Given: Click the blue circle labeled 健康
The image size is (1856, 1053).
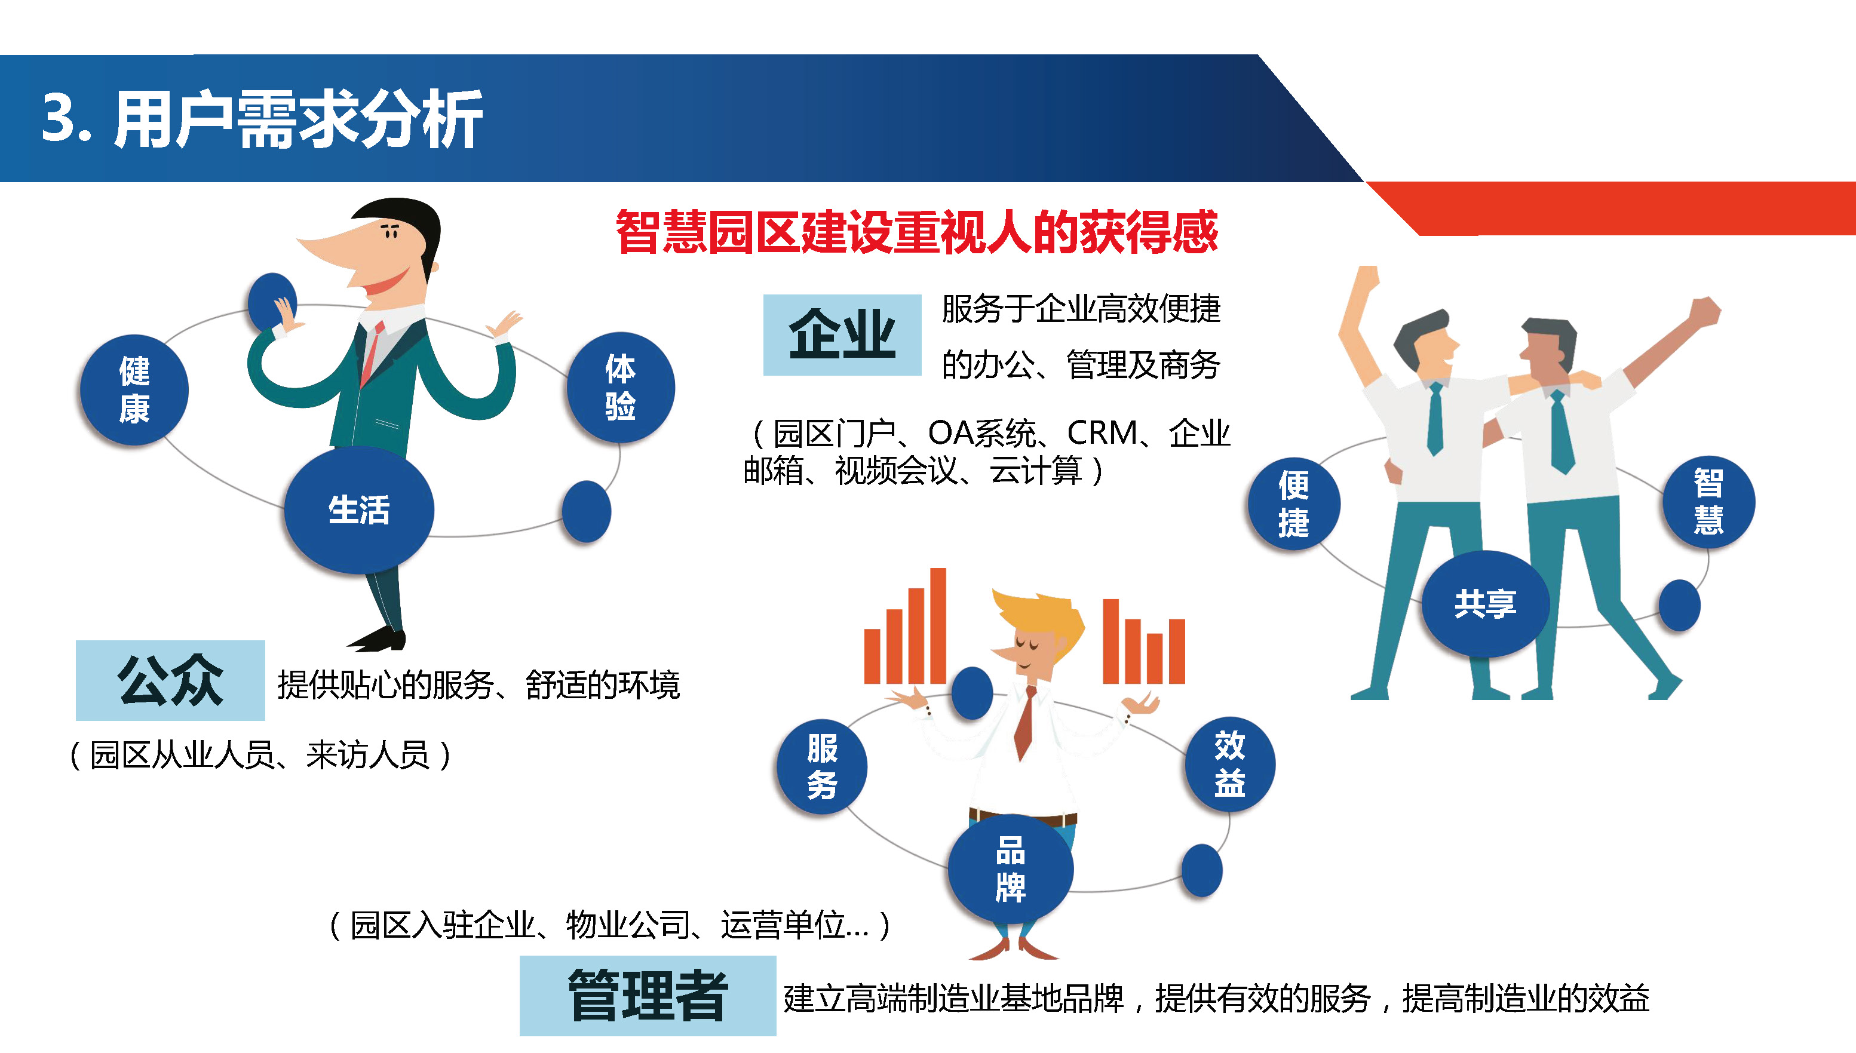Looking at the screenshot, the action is pyautogui.click(x=134, y=390).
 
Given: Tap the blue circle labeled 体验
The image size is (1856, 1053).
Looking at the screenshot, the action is pyautogui.click(x=621, y=387).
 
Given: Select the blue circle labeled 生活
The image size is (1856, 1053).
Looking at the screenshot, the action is pyautogui.click(x=359, y=510).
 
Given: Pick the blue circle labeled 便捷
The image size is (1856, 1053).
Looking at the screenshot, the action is pyautogui.click(x=1294, y=504).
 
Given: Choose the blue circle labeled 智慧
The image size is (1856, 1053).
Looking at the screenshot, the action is pyautogui.click(x=1708, y=501).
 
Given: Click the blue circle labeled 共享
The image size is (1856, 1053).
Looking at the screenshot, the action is pyautogui.click(x=1485, y=604).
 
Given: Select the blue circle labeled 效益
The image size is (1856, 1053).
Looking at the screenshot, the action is pyautogui.click(x=1229, y=765).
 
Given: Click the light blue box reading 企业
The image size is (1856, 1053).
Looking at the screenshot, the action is pyautogui.click(x=842, y=335).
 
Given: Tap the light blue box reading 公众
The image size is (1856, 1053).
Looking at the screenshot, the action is pyautogui.click(x=170, y=680).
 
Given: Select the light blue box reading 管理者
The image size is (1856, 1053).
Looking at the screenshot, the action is pyautogui.click(x=648, y=996).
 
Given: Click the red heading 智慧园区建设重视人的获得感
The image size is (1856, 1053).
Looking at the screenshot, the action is pyautogui.click(x=916, y=232).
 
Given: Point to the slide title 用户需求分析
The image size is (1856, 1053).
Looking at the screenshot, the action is pyautogui.click(x=298, y=119).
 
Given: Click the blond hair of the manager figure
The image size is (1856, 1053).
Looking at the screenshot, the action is pyautogui.click(x=1042, y=615).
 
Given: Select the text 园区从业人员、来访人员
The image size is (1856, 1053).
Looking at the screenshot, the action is pyautogui.click(x=260, y=756).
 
